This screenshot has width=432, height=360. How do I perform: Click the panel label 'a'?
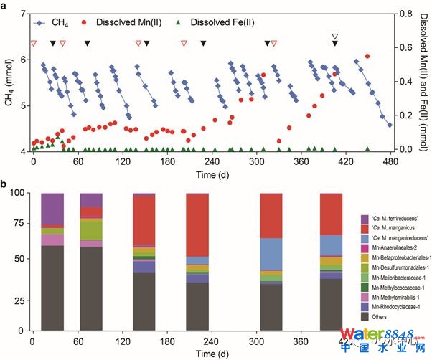pos(6,6)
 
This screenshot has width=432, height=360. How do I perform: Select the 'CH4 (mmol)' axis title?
pos(9,83)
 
